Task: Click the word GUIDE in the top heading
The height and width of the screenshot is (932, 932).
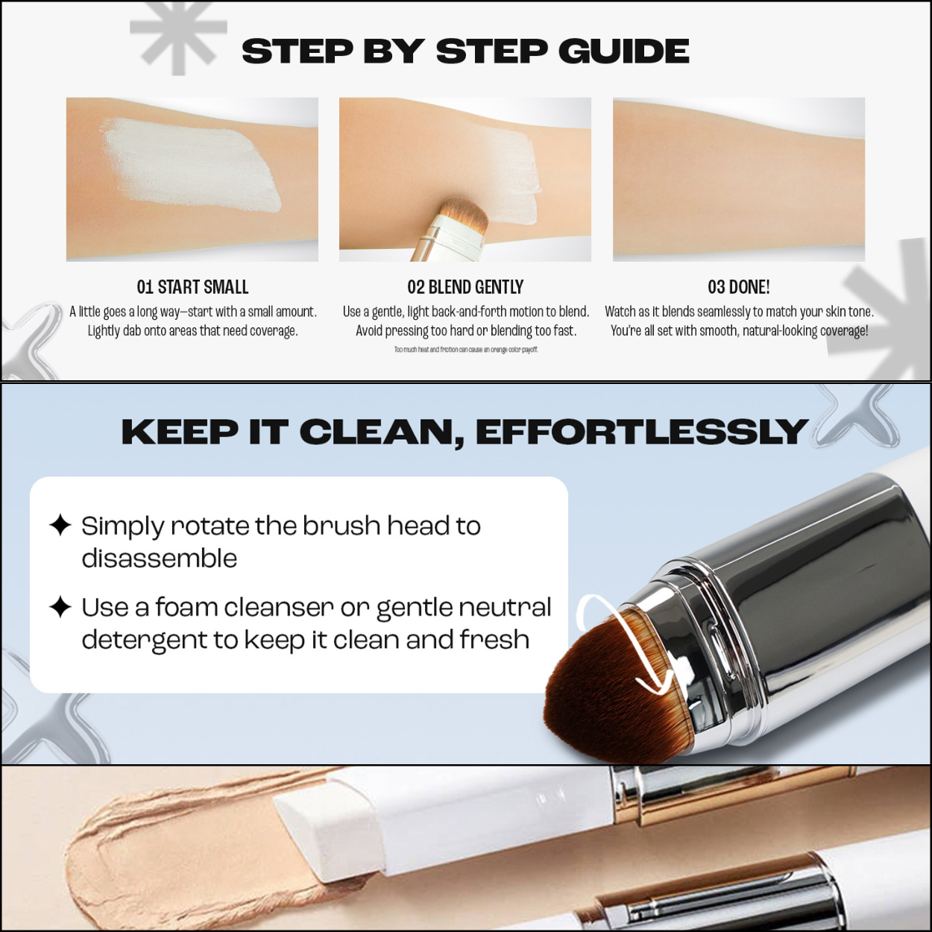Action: click(623, 51)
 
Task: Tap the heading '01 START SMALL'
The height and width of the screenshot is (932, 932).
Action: click(192, 287)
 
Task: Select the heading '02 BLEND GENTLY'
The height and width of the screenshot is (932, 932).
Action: click(465, 287)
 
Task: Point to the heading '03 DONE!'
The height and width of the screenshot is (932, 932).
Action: click(738, 287)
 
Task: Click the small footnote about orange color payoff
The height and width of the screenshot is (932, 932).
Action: click(466, 350)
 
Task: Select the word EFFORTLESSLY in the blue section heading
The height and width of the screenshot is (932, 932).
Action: click(641, 432)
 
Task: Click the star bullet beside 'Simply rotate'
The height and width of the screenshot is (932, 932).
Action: click(60, 525)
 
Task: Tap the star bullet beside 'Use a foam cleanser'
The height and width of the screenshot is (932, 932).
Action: click(60, 607)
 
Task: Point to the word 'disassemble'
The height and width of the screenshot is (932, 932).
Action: click(159, 558)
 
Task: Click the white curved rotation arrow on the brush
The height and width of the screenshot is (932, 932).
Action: click(626, 641)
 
